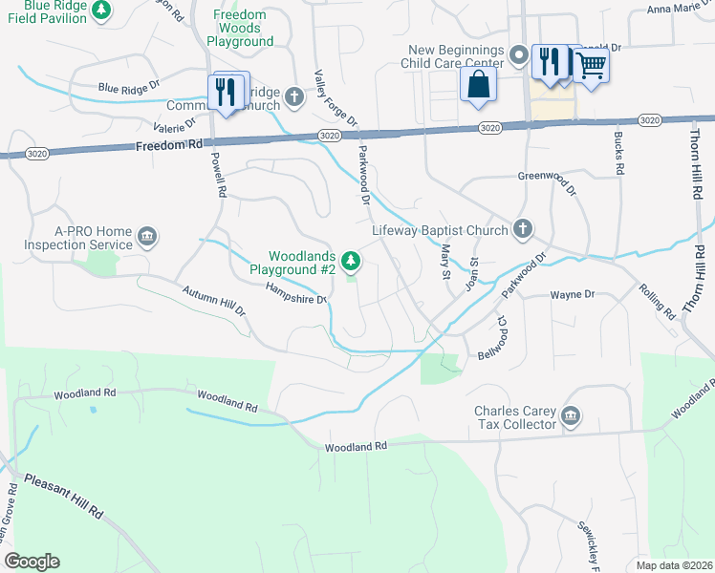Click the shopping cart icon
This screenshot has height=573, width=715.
tap(591, 65)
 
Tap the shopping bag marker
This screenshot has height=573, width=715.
tap(477, 85)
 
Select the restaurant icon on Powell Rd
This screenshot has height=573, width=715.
tap(226, 92)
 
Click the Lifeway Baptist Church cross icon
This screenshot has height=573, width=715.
tap(522, 228)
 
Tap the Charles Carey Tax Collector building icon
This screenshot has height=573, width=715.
tap(571, 414)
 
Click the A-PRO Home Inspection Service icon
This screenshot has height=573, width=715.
tap(146, 236)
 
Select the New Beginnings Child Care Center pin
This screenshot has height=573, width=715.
tap(519, 56)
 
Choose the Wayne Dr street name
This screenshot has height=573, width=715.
tap(573, 295)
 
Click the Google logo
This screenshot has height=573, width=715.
tap(32, 562)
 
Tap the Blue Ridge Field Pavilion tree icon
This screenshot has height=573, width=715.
tap(100, 11)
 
